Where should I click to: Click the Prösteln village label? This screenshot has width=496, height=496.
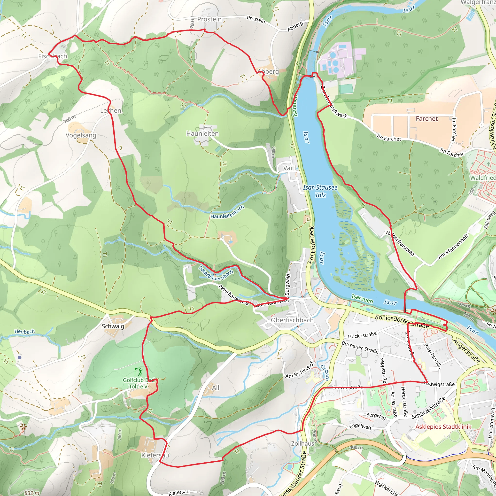(209, 19)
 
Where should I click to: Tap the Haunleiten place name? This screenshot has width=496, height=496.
(202, 133)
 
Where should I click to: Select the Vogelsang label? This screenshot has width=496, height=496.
(81, 135)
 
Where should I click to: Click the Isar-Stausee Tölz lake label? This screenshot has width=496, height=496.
(320, 191)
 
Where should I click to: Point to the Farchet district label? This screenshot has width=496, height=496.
(427, 119)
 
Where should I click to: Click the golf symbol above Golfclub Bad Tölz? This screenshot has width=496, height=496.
(138, 372)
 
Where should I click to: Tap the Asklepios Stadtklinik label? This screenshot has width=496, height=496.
(443, 427)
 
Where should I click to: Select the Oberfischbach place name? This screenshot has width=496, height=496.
(292, 320)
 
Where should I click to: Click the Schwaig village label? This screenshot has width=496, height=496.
(113, 326)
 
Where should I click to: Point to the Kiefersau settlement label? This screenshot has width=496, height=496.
(155, 455)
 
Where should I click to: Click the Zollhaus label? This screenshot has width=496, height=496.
(303, 443)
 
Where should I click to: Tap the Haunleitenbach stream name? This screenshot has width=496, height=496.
(227, 212)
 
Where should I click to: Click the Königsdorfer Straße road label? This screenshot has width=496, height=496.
(402, 321)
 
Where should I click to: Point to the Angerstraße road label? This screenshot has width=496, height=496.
(466, 351)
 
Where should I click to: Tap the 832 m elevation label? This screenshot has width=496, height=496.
(32, 493)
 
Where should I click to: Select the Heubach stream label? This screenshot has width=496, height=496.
(25, 332)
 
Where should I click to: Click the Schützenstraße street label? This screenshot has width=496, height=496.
(429, 408)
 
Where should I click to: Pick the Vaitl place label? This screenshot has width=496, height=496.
(289, 168)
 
